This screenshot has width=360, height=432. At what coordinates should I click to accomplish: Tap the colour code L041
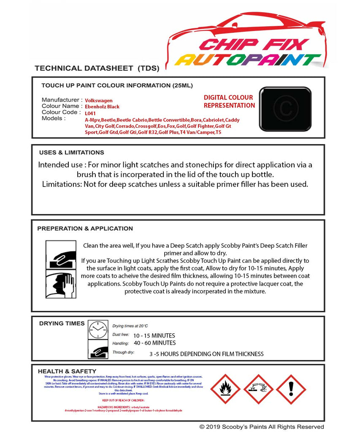pos(90,113)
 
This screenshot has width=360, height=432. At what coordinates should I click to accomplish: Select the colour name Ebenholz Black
pos(102,107)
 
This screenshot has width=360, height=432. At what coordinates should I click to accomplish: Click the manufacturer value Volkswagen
pos(99,100)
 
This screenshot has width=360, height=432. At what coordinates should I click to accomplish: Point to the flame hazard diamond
pos(225,389)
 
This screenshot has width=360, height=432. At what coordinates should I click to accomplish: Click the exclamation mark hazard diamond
pos(291,389)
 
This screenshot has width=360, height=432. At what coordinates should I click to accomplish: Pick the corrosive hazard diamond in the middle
pos(258,389)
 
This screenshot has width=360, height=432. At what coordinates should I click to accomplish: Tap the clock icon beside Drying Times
pos(98,329)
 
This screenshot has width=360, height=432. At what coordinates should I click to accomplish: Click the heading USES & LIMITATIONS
pos(71,152)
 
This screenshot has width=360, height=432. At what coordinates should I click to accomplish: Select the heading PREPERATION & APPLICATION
pos(85,229)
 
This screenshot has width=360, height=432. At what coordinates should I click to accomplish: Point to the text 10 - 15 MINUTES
pos(154,335)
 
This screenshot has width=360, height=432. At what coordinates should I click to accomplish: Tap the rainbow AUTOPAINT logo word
pos(248,60)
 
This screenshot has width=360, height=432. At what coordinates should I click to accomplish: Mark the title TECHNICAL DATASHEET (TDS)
pos(97,68)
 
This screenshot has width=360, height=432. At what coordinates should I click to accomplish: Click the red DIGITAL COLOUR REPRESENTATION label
pos(229,102)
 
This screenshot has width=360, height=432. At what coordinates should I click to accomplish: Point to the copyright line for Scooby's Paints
pos(262,427)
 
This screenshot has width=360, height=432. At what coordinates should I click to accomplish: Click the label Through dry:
pos(123,352)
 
